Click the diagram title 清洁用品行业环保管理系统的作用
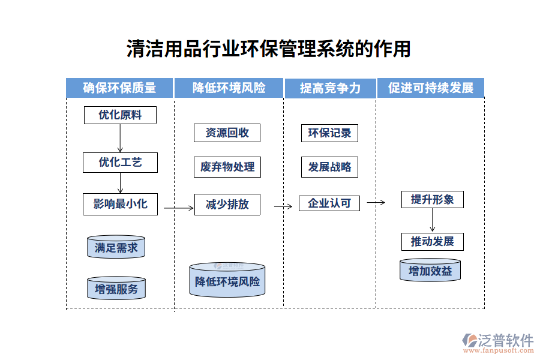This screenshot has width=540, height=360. point(269,49)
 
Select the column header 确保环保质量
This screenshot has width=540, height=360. point(119,88)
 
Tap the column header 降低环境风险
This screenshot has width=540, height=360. point(229,88)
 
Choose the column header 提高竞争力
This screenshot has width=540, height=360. point(330,88)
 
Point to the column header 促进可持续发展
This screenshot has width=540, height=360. point(431,88)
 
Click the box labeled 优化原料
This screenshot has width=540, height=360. point(120,115)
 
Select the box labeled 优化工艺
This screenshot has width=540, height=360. point(120,162)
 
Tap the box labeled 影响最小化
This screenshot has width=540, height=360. point(120,204)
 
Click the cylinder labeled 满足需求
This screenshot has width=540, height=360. point(116,247)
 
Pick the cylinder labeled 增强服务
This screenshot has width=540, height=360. point(116,289)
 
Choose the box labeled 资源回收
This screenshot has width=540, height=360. point(227,133)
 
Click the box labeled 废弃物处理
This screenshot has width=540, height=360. point(227,167)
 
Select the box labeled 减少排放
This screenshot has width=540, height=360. point(227,204)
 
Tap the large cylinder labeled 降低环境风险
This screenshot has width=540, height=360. point(227,281)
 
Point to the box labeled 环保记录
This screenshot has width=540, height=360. point(329,133)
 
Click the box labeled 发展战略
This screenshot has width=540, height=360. point(329,167)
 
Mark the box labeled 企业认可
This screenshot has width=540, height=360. point(329,203)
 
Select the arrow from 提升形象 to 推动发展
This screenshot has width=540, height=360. point(432,220)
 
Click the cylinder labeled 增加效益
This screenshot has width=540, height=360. point(430,271)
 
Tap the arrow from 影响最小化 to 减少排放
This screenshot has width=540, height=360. point(178,208)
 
